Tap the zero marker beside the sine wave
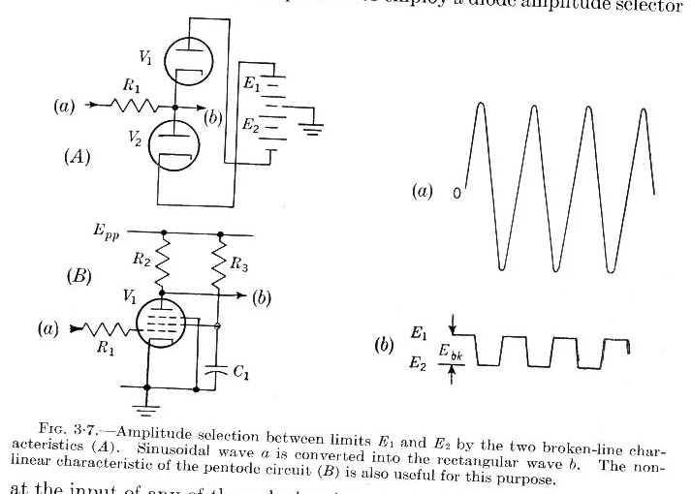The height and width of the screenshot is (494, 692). point(456,193)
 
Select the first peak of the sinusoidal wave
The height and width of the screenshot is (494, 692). point(479,104)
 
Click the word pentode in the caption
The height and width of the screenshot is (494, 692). point(212,466)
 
